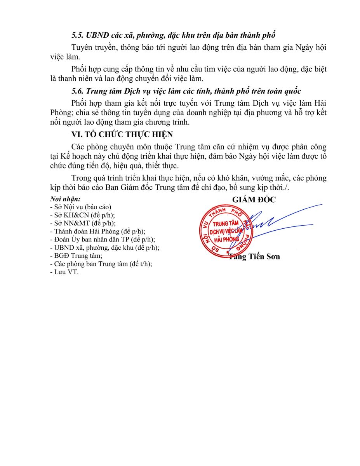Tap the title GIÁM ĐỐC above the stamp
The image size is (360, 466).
tap(254, 200)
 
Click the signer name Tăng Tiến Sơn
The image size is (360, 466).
tap(254, 257)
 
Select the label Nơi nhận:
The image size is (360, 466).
tap(63, 200)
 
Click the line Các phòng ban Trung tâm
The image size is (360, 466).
tap(101, 264)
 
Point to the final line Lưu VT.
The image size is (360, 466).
tap(64, 272)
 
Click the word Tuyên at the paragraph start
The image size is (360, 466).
tap(81, 48)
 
